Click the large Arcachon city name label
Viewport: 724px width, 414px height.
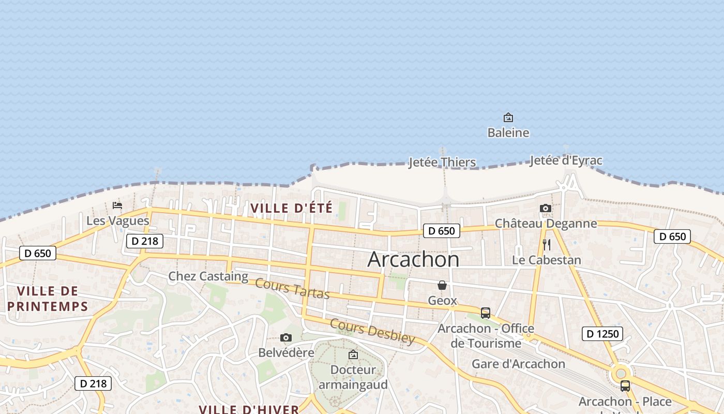point(413,259)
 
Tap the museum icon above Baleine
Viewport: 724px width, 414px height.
point(508,117)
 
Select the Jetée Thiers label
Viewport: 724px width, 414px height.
point(442,162)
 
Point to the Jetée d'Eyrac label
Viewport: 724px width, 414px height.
point(566,160)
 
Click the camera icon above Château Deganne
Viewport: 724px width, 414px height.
point(546,208)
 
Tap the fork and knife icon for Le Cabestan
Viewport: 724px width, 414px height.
point(547,245)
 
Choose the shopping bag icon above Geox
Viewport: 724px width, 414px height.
point(442,285)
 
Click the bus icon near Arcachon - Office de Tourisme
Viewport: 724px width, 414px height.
point(486,313)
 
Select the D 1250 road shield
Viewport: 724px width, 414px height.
point(602,334)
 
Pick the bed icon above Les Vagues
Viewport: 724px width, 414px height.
point(117,205)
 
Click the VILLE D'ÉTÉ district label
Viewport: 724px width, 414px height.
point(292,209)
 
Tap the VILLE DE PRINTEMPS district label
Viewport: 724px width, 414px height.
point(48,299)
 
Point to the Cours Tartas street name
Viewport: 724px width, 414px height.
point(292,289)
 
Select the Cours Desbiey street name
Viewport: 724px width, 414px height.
point(372,332)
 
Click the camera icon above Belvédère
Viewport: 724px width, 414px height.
point(286,338)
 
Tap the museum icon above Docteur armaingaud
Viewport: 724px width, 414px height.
point(353,354)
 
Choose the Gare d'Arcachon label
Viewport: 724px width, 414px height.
point(518,364)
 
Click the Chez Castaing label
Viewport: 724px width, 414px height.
point(208,276)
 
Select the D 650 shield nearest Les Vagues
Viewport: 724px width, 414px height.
point(38,253)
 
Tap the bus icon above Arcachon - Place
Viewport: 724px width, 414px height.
point(625,386)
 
